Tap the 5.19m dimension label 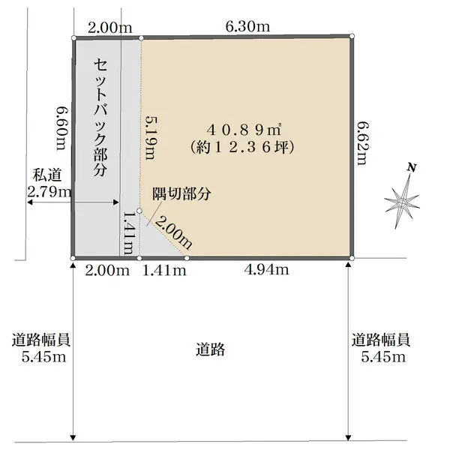tap(151, 137)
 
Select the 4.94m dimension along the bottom tap(266, 269)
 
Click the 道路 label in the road tap(211, 349)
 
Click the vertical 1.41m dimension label tap(128, 234)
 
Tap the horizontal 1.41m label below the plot tap(163, 270)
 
